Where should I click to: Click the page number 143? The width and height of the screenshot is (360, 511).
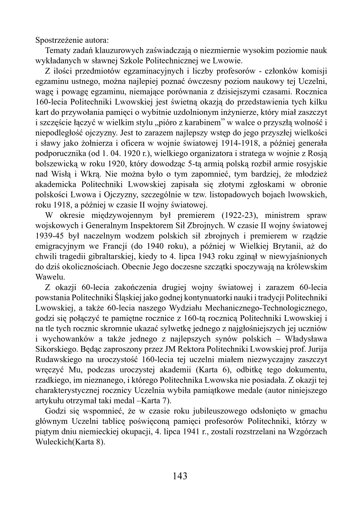(180, 476)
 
